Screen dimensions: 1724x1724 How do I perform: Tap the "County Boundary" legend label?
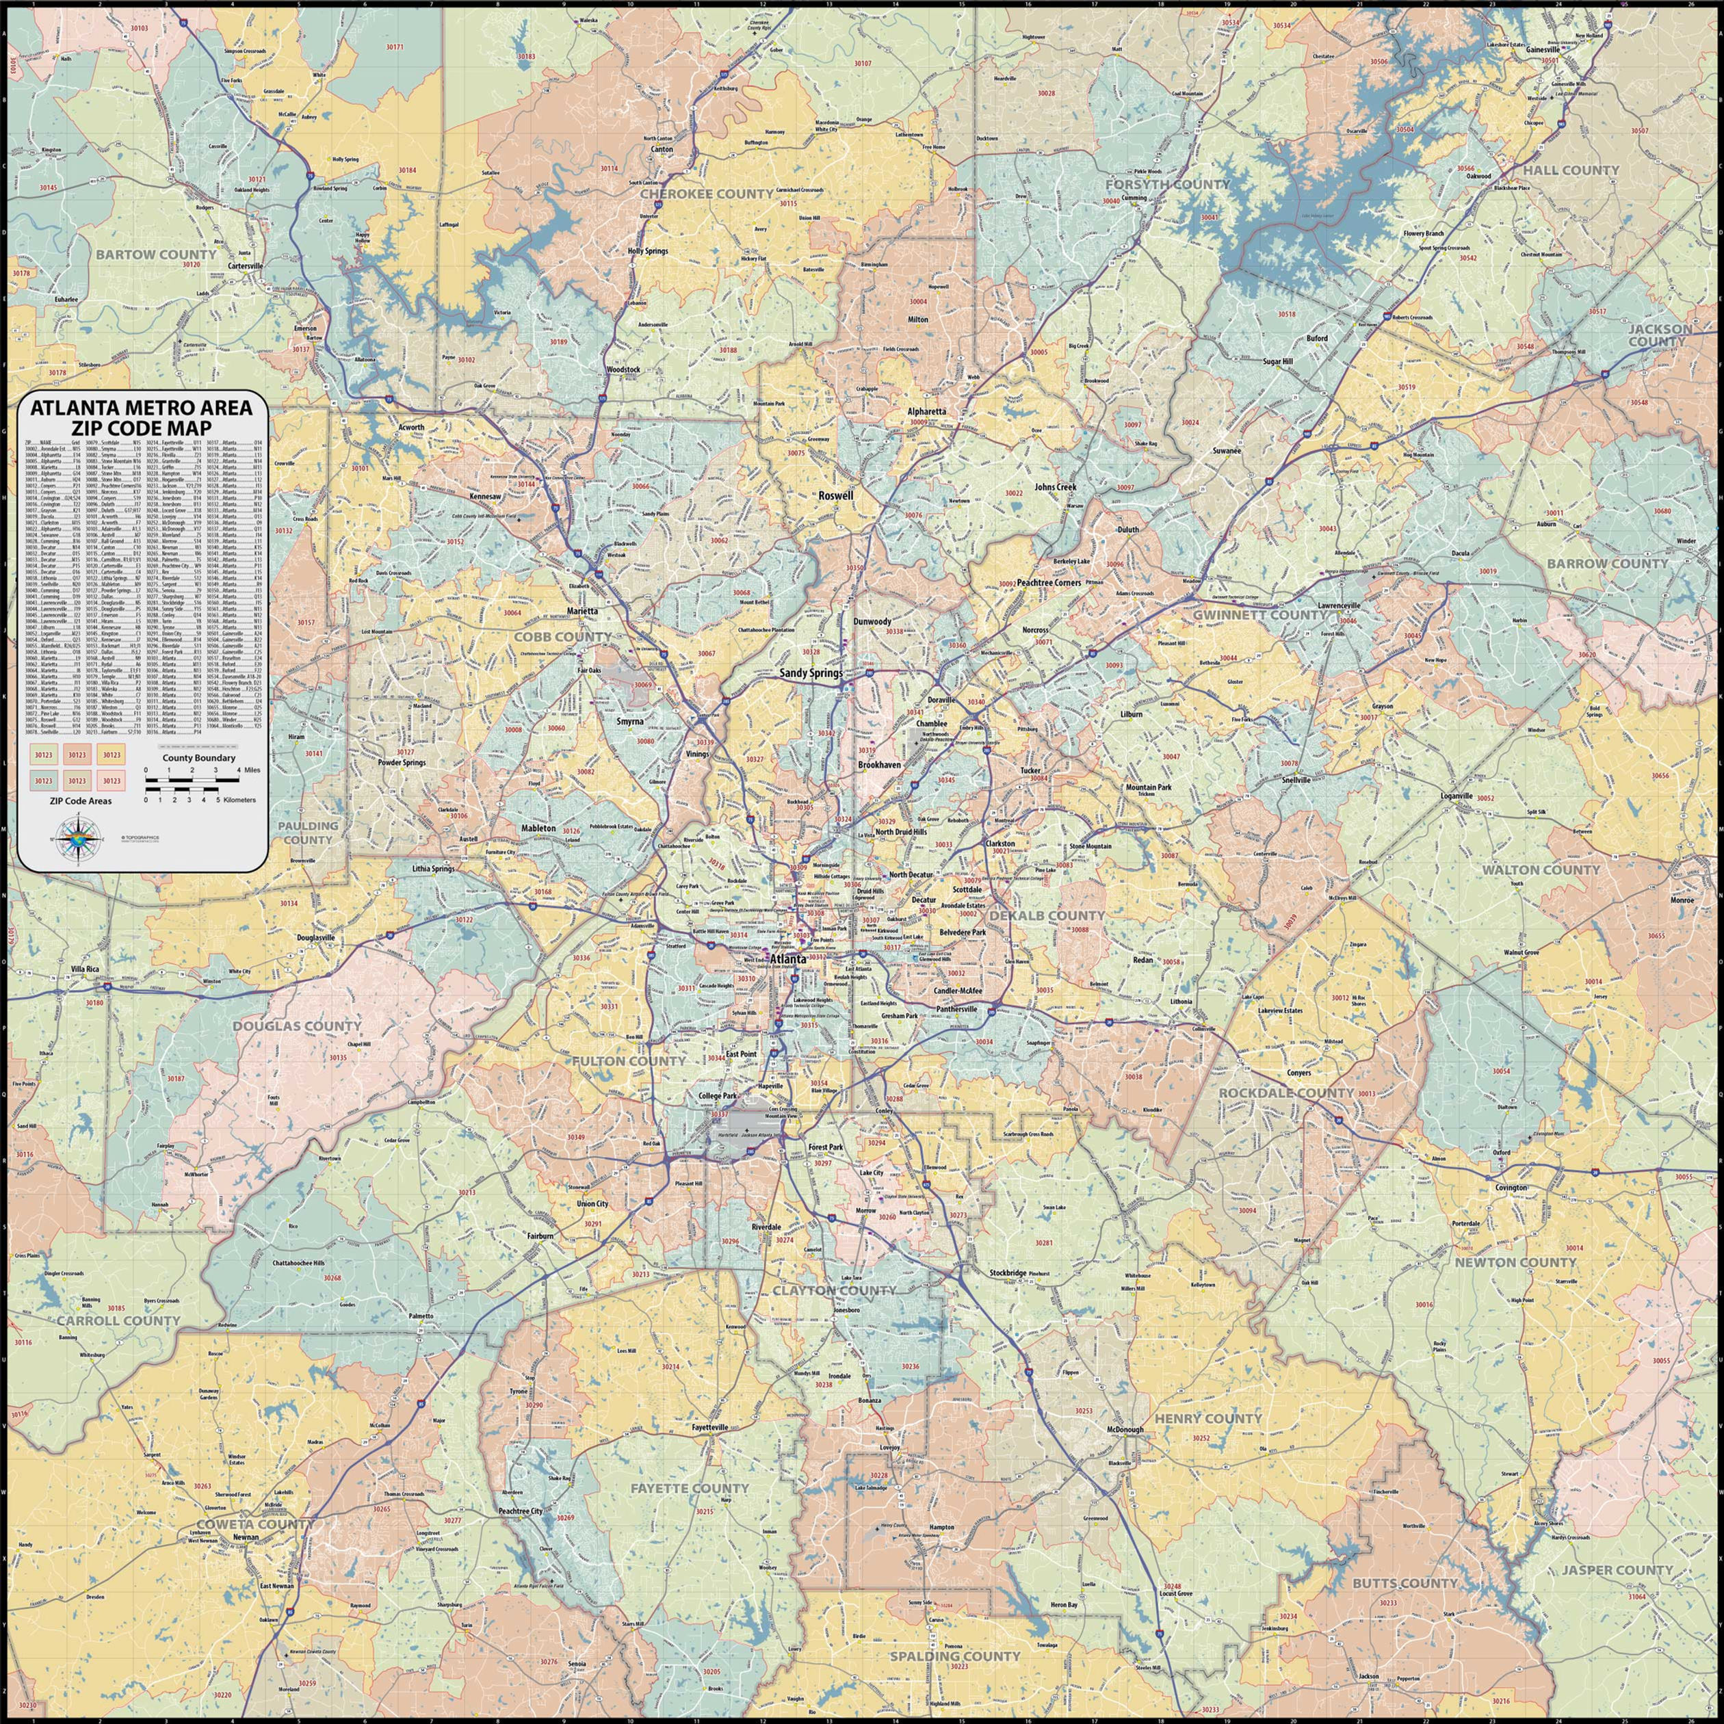click(198, 757)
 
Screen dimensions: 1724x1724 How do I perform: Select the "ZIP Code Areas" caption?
click(76, 801)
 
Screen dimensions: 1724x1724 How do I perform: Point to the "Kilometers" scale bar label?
click(235, 800)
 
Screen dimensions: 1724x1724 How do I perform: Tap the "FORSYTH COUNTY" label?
click(1167, 184)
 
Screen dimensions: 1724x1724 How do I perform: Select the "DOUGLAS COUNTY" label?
click(297, 1026)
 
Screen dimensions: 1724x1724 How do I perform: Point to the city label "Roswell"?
click(836, 495)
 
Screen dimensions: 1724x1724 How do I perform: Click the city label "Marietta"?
click(581, 611)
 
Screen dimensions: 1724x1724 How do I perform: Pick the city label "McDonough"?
click(1124, 1430)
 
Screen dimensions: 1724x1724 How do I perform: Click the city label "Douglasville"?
click(316, 938)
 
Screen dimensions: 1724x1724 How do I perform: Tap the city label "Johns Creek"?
click(1056, 487)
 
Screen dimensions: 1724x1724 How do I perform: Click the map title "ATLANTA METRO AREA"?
click(142, 408)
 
